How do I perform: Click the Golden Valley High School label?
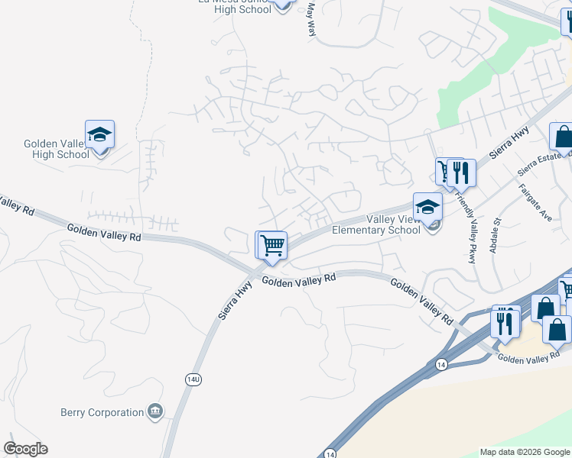click(x=57, y=149)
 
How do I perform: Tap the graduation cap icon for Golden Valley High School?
click(x=99, y=134)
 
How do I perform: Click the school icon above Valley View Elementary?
click(x=427, y=206)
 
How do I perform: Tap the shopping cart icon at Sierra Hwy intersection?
click(x=272, y=246)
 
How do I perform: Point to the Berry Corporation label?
click(x=102, y=412)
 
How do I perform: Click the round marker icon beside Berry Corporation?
click(x=156, y=412)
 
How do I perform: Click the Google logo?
click(x=25, y=449)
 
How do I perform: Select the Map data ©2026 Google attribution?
click(x=525, y=452)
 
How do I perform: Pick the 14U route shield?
click(x=192, y=379)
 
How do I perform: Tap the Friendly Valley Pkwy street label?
click(x=466, y=228)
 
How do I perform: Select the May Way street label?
click(x=311, y=18)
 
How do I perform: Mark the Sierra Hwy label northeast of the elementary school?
click(x=510, y=142)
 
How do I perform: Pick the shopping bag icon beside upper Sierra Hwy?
click(x=562, y=137)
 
